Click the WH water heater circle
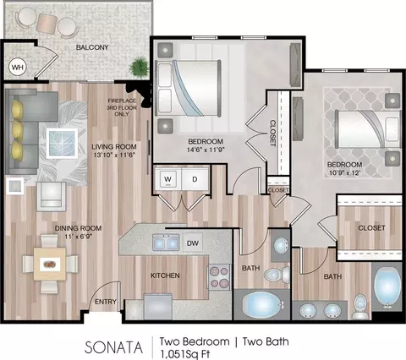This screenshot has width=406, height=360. coord(18,68)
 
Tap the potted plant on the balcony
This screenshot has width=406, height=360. coord(138,67)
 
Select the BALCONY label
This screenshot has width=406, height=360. coord(92,47)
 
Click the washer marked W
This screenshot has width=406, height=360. coord(168,179)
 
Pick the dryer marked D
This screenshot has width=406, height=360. coord(195,179)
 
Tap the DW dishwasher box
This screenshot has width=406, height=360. coord(193,243)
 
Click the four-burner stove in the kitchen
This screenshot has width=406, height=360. coord(219,277)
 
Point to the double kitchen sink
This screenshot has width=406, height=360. coord(167,243)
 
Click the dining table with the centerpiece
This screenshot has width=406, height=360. coord(50,265)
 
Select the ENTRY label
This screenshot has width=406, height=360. coord(106,302)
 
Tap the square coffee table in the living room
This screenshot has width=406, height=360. coord(62,144)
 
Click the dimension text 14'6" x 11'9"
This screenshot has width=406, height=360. coord(206,150)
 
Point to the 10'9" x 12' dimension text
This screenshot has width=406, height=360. coord(343,172)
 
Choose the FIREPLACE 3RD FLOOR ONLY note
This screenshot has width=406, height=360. coord(122,107)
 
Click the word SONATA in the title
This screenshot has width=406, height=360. coord(113,347)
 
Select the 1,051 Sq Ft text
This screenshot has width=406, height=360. coord(185,354)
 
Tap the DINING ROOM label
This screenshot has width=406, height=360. coord(78,228)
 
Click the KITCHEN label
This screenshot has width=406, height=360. coord(165,275)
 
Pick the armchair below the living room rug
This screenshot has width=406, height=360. coord(51,196)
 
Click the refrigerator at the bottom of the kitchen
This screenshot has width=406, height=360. coord(158,306)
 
